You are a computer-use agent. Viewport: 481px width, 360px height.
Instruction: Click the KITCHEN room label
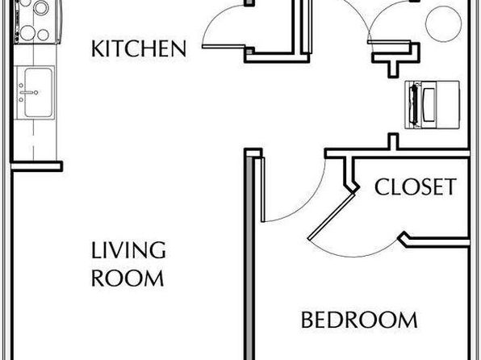tap(139, 48)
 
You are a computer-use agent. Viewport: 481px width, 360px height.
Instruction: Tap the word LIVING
tap(128, 250)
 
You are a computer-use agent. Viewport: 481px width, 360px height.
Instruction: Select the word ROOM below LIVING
tap(128, 278)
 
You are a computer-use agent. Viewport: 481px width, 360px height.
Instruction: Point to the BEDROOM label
tap(359, 320)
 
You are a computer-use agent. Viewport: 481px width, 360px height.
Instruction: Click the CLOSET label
tap(416, 187)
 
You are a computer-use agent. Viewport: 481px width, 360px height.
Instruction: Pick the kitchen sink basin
tap(39, 92)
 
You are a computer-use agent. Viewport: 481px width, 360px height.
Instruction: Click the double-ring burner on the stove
tap(41, 8)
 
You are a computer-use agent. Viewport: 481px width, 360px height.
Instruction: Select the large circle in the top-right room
tap(444, 23)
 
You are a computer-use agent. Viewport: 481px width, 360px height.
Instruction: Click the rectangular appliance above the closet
tap(433, 105)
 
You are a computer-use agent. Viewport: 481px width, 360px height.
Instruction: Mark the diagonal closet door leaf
tap(332, 216)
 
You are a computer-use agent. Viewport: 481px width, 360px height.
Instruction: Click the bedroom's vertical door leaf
tap(262, 190)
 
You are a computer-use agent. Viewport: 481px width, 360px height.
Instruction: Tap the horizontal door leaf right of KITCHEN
tap(224, 47)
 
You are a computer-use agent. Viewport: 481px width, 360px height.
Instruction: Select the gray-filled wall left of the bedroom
tap(249, 257)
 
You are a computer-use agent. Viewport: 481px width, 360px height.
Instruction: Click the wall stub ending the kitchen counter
tap(37, 166)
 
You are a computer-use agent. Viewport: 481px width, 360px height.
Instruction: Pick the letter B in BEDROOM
tap(307, 320)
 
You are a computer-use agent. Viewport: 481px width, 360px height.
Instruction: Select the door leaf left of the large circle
tap(389, 42)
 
